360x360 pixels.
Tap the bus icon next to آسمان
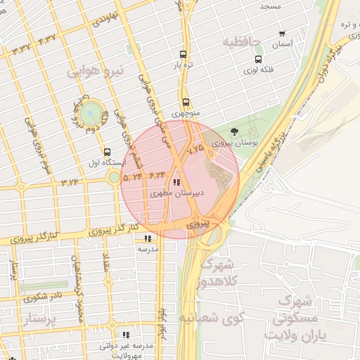click(x=283, y=34)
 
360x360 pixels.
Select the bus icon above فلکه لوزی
click(x=259, y=59)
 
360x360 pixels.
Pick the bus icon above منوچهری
click(x=186, y=101)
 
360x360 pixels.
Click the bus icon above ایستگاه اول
click(x=107, y=152)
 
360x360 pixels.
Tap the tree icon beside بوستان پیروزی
click(x=234, y=131)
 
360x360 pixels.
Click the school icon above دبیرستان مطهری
click(x=175, y=181)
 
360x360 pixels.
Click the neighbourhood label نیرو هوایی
click(x=96, y=71)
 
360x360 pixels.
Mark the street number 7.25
click(x=195, y=148)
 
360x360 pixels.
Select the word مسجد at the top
click(x=271, y=6)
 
